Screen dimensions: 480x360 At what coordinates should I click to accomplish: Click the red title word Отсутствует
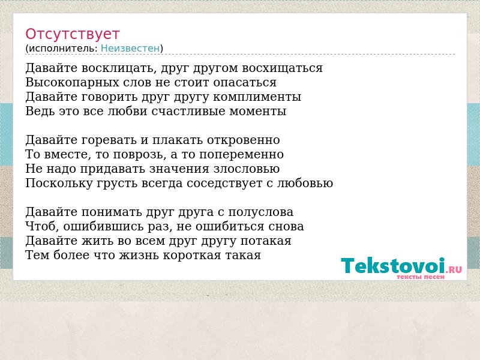72,34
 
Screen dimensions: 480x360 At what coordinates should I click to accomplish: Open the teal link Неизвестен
130,49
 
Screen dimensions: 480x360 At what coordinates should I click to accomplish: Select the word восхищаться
282,68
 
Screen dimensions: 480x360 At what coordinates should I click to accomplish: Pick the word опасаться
245,83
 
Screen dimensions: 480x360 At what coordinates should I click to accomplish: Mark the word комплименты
257,97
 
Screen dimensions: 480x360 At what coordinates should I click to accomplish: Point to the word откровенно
244,140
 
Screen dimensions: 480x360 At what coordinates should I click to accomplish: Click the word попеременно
242,155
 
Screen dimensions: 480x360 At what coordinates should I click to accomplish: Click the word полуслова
261,212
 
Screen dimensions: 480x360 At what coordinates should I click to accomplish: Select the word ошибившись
106,227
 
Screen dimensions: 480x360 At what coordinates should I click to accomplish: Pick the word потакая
266,241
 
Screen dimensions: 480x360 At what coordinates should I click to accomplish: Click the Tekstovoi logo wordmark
393,265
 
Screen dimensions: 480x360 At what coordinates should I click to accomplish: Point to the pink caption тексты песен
421,277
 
